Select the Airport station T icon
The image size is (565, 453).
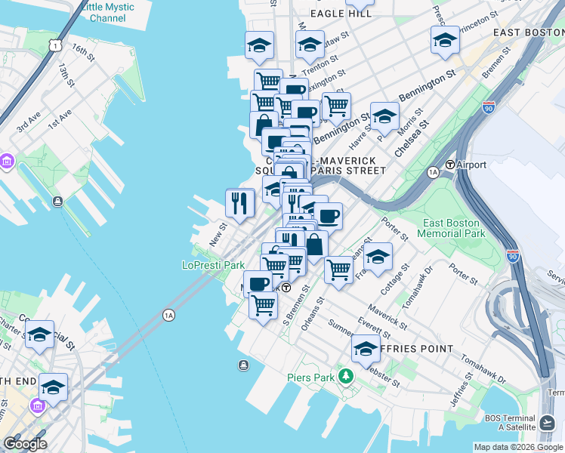click(450, 165)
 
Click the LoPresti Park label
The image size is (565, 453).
click(213, 265)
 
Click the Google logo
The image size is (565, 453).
click(25, 443)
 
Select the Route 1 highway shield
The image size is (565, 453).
click(55, 46)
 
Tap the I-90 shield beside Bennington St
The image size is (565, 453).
click(489, 108)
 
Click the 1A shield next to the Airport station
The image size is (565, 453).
click(433, 172)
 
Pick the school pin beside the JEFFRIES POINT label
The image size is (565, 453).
click(366, 348)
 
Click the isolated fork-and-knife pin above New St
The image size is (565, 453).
click(240, 202)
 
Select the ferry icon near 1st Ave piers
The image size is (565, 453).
click(57, 202)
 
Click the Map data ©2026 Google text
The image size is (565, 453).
click(518, 447)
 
